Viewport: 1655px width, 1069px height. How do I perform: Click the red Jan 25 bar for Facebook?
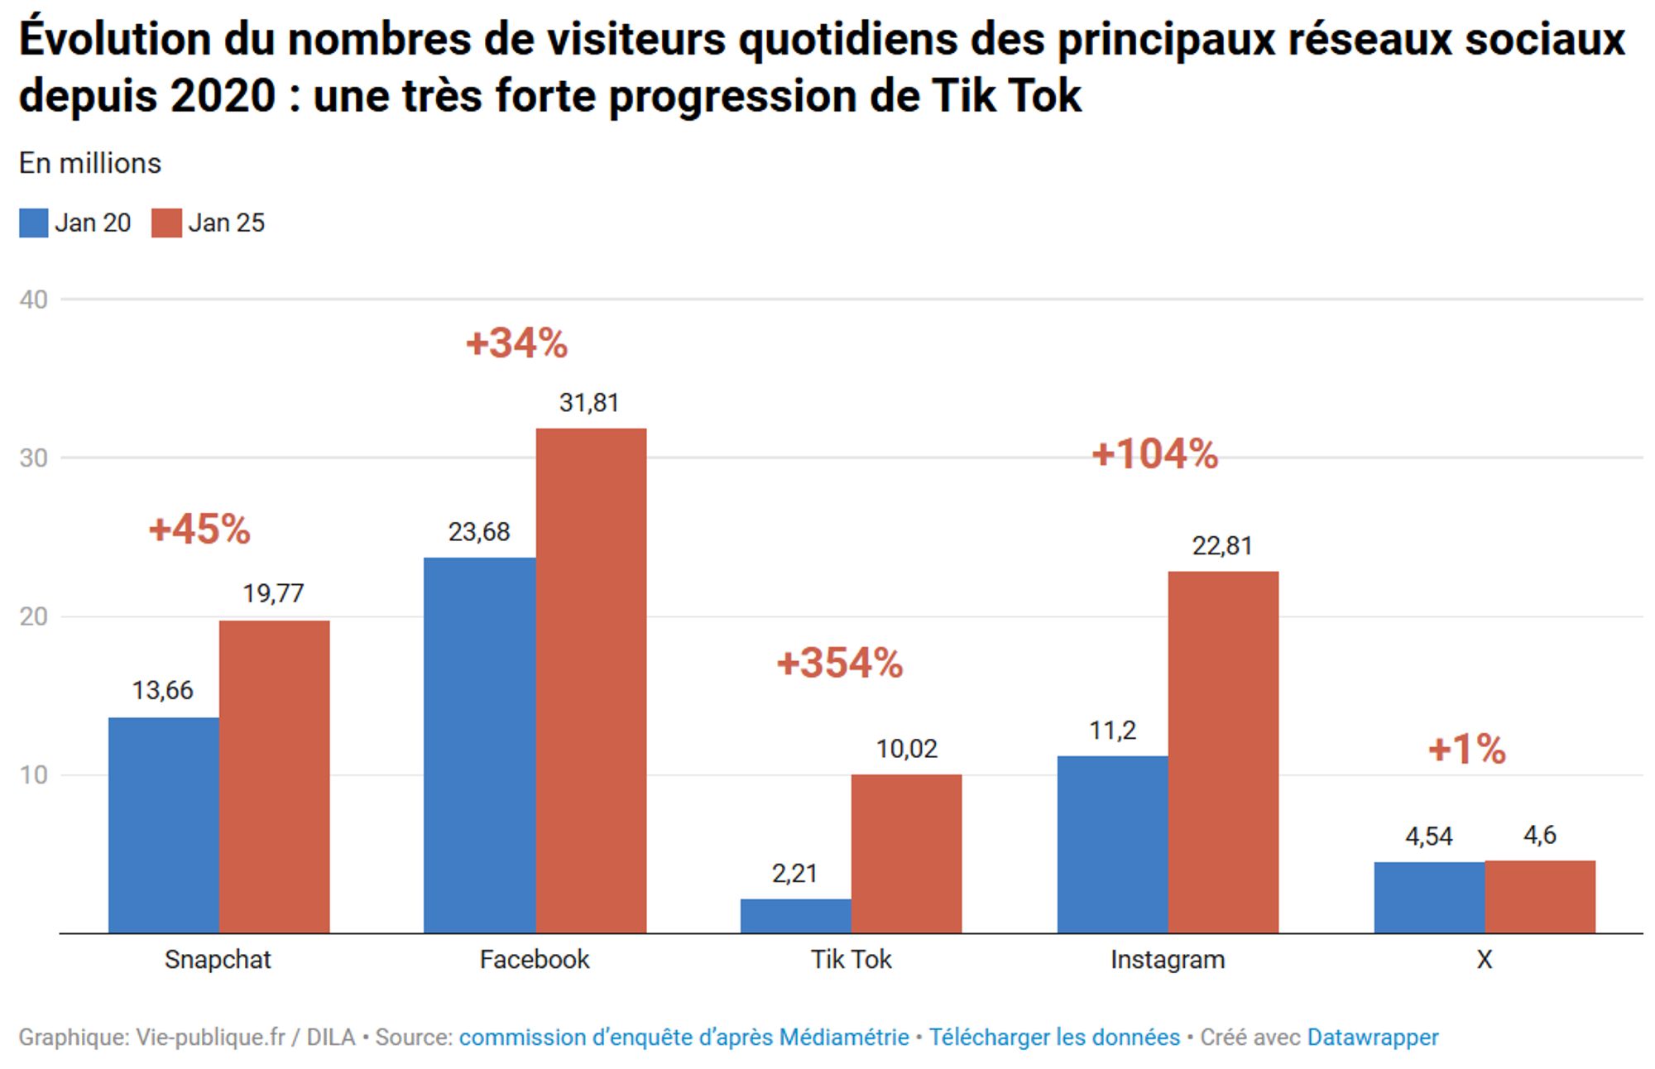click(591, 680)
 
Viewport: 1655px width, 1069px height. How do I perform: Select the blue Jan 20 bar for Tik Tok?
click(795, 916)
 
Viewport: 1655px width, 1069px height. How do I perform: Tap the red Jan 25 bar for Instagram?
click(1223, 751)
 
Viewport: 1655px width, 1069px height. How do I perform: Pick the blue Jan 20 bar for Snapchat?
click(164, 825)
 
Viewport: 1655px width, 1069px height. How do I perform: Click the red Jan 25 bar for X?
click(1540, 897)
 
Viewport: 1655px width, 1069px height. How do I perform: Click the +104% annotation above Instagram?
click(1155, 454)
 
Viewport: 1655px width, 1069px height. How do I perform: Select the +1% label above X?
click(1467, 750)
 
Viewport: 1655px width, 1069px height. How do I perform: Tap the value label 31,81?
click(589, 403)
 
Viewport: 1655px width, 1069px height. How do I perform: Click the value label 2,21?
click(794, 873)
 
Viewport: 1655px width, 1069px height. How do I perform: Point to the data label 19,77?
click(273, 593)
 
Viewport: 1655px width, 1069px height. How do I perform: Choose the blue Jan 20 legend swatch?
click(34, 223)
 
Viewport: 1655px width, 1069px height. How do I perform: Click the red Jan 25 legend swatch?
click(166, 223)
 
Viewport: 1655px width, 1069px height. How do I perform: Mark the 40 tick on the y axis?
click(33, 300)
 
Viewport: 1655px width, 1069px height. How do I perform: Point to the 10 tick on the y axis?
click(33, 775)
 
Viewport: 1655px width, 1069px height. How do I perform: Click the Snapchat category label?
click(218, 960)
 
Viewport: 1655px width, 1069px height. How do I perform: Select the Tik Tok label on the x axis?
click(851, 960)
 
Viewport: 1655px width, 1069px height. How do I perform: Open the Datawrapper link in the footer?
click(1373, 1038)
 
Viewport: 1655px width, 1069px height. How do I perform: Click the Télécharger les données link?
click(1054, 1038)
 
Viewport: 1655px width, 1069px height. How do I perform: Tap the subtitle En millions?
click(90, 164)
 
